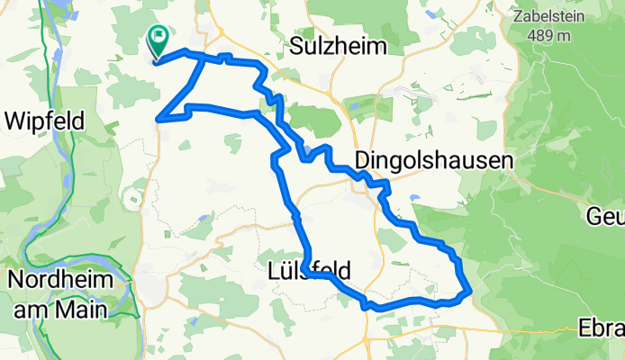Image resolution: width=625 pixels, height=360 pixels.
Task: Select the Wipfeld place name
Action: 45,120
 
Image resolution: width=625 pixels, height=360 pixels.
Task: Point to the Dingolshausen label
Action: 434,160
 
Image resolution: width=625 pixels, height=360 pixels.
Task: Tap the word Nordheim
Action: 60,280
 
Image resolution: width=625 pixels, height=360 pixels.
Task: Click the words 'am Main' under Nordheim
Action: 60,309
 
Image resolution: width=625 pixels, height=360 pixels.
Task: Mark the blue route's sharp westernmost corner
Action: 158,118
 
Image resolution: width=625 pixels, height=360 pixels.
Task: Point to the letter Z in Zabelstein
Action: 517,15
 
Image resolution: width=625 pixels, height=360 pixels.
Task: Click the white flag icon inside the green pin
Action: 159,37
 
